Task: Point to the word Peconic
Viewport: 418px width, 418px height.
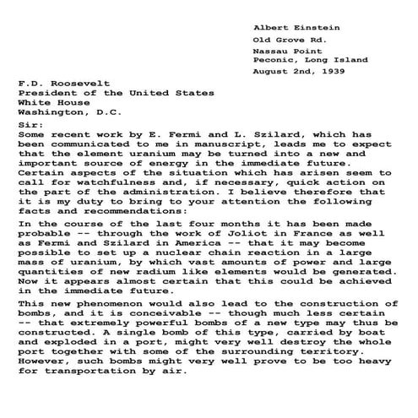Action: (x=274, y=60)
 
